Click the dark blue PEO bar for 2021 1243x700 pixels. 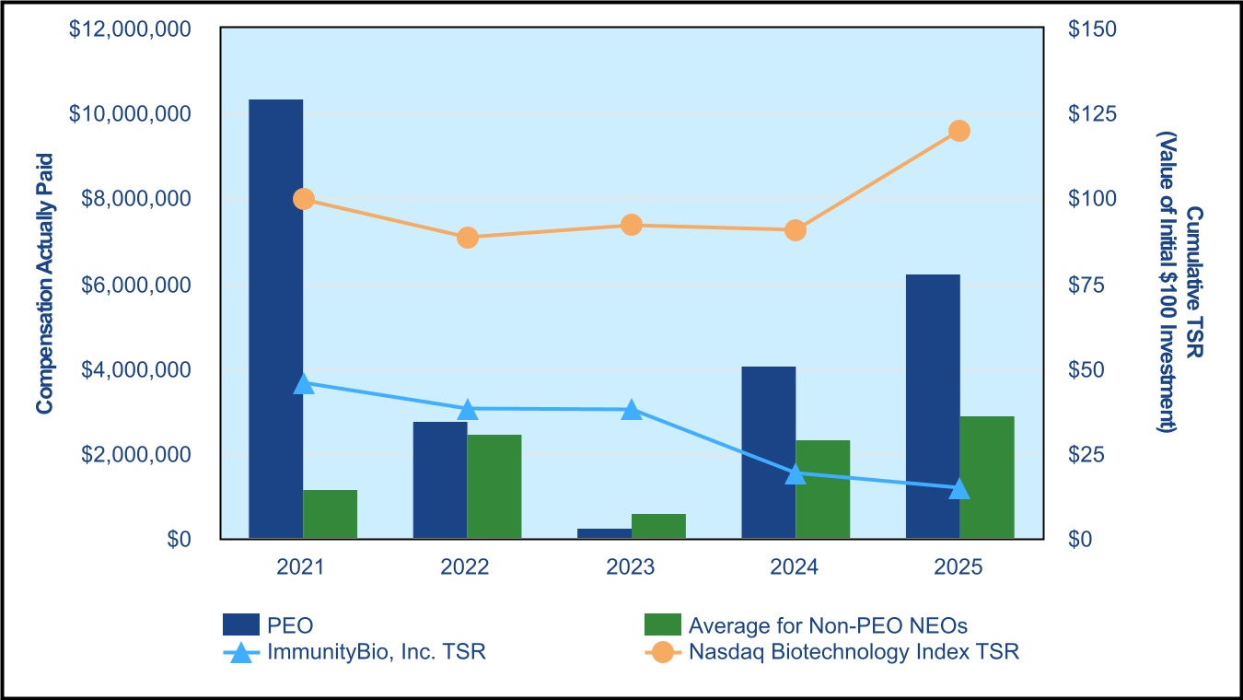tap(276, 319)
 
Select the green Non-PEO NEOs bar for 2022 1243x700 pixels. tap(494, 486)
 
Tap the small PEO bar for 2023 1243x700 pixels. tap(604, 533)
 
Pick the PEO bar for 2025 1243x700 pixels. tap(933, 406)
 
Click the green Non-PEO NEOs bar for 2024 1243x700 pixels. tap(823, 489)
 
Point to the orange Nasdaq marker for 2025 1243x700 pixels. tap(959, 131)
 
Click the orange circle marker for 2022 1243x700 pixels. tap(467, 238)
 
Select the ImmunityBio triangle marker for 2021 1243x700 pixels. tap(303, 383)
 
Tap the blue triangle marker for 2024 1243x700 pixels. tap(796, 473)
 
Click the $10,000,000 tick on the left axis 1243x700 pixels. tap(130, 114)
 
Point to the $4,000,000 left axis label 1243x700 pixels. tap(136, 369)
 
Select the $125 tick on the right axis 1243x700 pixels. tap(1092, 114)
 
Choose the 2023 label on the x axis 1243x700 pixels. tap(631, 566)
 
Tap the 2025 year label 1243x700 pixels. tap(958, 566)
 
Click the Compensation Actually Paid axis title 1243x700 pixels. tap(44, 284)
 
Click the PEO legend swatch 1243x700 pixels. tap(241, 624)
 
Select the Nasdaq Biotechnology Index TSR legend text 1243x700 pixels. tap(854, 652)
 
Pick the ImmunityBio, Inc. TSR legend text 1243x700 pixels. tap(377, 652)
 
